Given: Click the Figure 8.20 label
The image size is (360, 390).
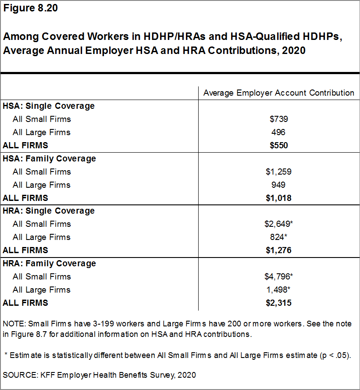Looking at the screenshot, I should pos(30,8).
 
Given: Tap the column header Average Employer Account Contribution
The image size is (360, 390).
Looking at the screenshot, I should pos(279,93).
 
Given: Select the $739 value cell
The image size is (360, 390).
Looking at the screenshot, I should pos(279,119).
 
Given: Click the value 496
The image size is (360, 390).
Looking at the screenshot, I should pos(279,132).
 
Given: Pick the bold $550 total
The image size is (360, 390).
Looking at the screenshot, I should pos(279,145).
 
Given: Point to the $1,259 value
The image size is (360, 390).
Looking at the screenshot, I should pos(279,172).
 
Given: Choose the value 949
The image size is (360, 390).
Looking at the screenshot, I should pos(279,185).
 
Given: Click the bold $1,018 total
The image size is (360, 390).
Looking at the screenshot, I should pos(279,198).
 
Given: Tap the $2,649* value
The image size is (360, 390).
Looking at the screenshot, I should pos(279,224).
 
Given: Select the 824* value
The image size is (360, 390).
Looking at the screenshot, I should pos(279,237).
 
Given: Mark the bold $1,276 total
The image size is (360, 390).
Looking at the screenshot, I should pos(279,250).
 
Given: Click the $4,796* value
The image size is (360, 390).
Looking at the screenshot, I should pos(279,276).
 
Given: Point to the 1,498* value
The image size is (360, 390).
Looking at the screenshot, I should pos(279,290).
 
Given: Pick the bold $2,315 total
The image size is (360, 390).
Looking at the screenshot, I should pos(279,303).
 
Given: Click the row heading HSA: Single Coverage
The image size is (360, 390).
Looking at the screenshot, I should pos(49,106).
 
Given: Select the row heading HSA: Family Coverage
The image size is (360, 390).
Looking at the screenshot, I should pos(49,158).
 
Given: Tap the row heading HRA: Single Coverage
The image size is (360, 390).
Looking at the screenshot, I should pos(49,211).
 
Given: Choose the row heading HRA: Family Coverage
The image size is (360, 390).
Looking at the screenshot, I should pos(49,263).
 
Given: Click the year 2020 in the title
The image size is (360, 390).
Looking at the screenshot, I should pos(294,50).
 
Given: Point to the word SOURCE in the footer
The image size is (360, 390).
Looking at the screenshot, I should pos(18,375).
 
